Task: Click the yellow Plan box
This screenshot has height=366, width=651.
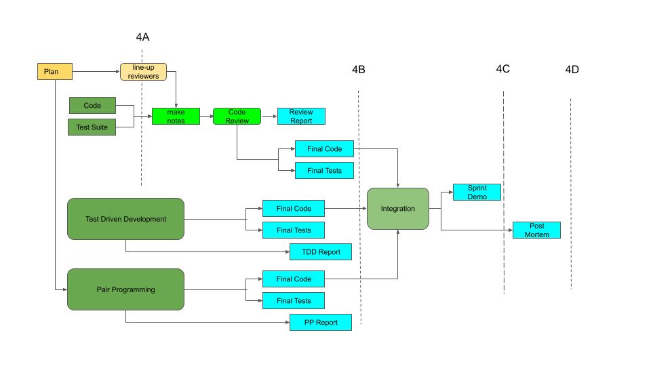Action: point(54,71)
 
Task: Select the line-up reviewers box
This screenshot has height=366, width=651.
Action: point(143,72)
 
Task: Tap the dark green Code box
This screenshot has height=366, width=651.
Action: point(92,106)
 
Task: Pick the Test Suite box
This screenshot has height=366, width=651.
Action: point(92,127)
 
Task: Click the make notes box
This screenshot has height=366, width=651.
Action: point(176,116)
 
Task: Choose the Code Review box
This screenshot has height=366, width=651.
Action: point(237,116)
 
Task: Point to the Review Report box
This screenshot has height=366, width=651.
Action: point(301,116)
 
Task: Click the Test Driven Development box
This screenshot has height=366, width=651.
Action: point(125,219)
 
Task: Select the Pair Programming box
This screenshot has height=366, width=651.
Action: point(125,289)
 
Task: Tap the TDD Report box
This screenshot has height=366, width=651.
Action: point(321,252)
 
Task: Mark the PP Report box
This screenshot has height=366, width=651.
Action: point(321,322)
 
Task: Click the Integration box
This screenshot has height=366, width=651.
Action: point(398,208)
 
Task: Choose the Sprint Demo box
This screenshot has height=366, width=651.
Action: point(477,192)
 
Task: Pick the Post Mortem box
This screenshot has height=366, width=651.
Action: point(536,230)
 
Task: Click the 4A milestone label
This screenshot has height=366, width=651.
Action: point(142,37)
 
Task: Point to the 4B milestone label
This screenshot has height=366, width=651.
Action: point(359,70)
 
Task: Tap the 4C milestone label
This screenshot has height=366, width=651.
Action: point(502,68)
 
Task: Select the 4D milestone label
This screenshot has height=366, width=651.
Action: point(572,69)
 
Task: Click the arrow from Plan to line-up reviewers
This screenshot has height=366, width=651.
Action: point(96,71)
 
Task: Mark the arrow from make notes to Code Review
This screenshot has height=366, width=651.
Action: point(208,116)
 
